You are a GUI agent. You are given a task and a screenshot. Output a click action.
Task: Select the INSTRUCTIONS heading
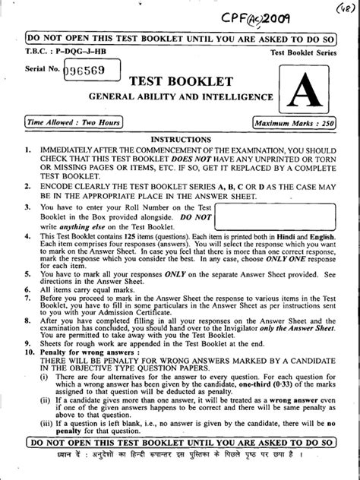tap(179, 139)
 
